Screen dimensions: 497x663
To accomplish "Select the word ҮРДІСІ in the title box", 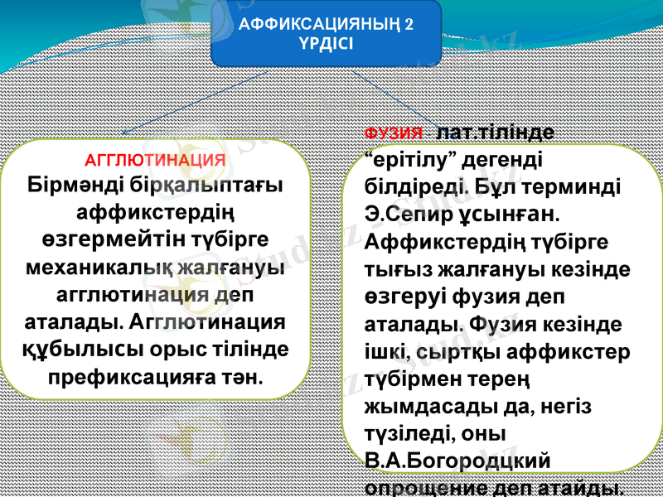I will (327, 44).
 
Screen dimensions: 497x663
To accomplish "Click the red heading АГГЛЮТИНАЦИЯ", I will (156, 159).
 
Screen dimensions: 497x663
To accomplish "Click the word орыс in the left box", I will (195, 350).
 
